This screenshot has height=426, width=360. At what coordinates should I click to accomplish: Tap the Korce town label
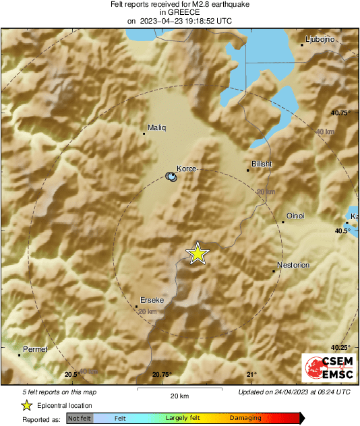[186, 169]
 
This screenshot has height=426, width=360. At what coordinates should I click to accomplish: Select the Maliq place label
[156, 127]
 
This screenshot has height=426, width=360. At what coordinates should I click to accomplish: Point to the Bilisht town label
[261, 164]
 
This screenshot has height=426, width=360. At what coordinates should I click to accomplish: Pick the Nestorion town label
[293, 265]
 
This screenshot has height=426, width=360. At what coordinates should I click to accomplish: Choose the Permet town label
[35, 349]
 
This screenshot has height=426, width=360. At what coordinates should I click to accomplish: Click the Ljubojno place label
[316, 38]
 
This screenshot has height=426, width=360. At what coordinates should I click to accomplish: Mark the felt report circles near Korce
[172, 177]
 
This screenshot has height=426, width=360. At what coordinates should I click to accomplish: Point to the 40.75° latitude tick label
[341, 113]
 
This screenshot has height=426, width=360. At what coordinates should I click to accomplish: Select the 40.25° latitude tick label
[341, 348]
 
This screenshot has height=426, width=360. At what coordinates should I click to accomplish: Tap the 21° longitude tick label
[251, 375]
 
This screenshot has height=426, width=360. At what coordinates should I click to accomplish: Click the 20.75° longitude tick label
[162, 375]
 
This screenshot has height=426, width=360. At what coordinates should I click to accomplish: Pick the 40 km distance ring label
[324, 131]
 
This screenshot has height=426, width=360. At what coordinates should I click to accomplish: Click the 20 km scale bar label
[179, 396]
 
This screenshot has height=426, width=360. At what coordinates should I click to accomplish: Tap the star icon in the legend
[27, 405]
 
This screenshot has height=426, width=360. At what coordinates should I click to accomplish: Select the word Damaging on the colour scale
[245, 418]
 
